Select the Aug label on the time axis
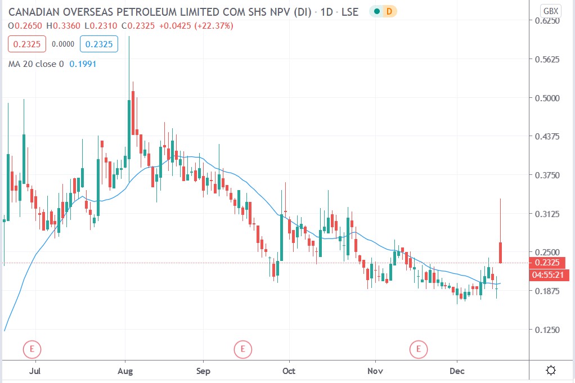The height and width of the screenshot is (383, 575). (x=125, y=371)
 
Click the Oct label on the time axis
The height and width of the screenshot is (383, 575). (x=289, y=371)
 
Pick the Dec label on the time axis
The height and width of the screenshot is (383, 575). (x=457, y=371)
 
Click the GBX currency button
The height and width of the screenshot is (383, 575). (x=550, y=10)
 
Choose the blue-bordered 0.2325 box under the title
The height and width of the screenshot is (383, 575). (x=98, y=44)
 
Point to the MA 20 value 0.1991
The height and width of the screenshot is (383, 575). (x=83, y=64)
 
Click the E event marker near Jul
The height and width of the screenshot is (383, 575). (x=32, y=349)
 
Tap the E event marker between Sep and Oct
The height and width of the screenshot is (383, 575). (x=243, y=349)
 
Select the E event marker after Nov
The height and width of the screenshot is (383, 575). (x=419, y=349)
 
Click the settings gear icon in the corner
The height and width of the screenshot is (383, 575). (x=551, y=370)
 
